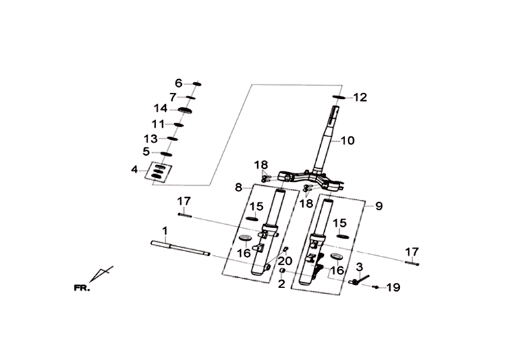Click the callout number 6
(179, 83)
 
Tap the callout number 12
(360, 98)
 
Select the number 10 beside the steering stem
(348, 140)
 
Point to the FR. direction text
(82, 288)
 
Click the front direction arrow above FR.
(101, 274)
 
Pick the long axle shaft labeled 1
(180, 249)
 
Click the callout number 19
(393, 287)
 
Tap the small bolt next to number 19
(375, 287)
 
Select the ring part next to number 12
(339, 97)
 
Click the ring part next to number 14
(184, 110)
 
